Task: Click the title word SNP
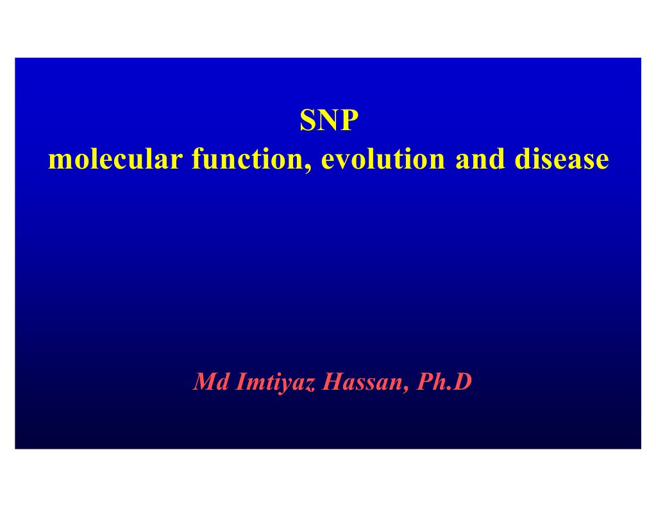(327, 121)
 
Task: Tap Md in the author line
(206, 383)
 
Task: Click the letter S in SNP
(307, 121)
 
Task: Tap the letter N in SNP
(326, 121)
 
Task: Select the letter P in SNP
(346, 121)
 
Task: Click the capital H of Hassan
(332, 383)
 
